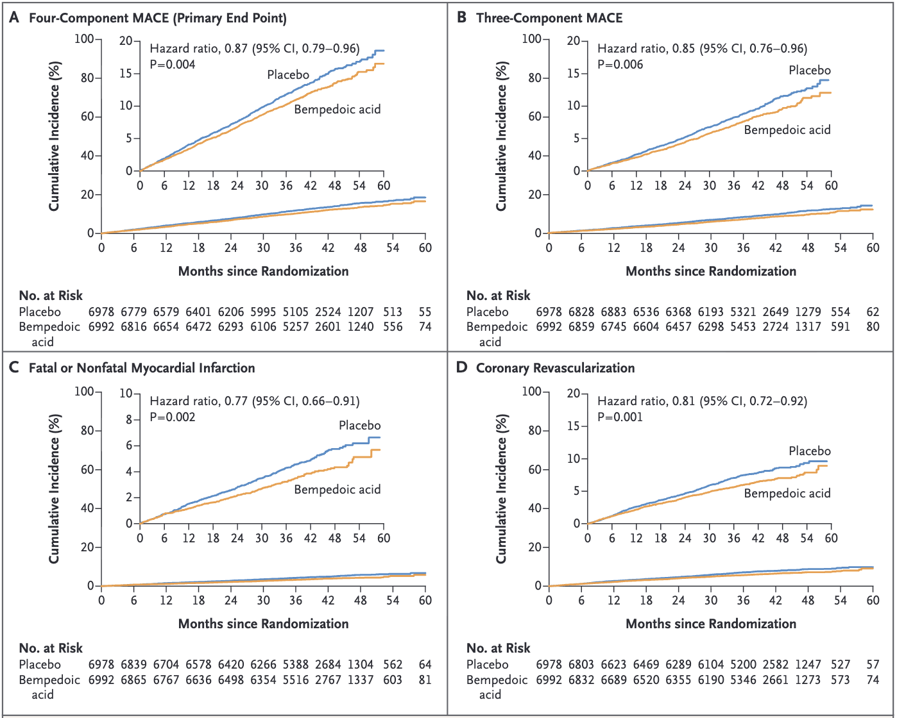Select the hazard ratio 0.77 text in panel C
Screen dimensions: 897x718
(x=254, y=401)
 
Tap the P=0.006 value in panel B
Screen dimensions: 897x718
(x=620, y=65)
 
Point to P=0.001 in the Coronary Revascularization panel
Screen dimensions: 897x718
(x=620, y=417)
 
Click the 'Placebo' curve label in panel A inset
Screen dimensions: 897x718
(x=288, y=75)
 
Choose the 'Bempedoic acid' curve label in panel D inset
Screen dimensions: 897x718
(x=787, y=494)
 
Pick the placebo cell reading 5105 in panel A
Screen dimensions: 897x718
(x=296, y=312)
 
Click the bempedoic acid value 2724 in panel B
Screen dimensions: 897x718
(x=775, y=327)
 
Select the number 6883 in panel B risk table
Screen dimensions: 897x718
(x=613, y=312)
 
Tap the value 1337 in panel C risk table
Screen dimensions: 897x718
(x=361, y=680)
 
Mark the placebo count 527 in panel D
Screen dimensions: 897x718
(x=841, y=664)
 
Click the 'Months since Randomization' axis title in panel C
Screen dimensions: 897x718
(x=264, y=624)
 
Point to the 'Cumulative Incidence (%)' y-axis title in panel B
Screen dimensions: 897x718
(x=501, y=136)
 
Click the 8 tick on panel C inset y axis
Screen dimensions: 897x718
(x=129, y=419)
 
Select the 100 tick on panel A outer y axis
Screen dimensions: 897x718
(x=84, y=39)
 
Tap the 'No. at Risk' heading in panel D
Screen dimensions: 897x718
(x=498, y=648)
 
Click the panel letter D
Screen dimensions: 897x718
(x=462, y=368)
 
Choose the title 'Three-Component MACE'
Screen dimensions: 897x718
(x=549, y=19)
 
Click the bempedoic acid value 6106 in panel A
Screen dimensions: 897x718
(x=263, y=327)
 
